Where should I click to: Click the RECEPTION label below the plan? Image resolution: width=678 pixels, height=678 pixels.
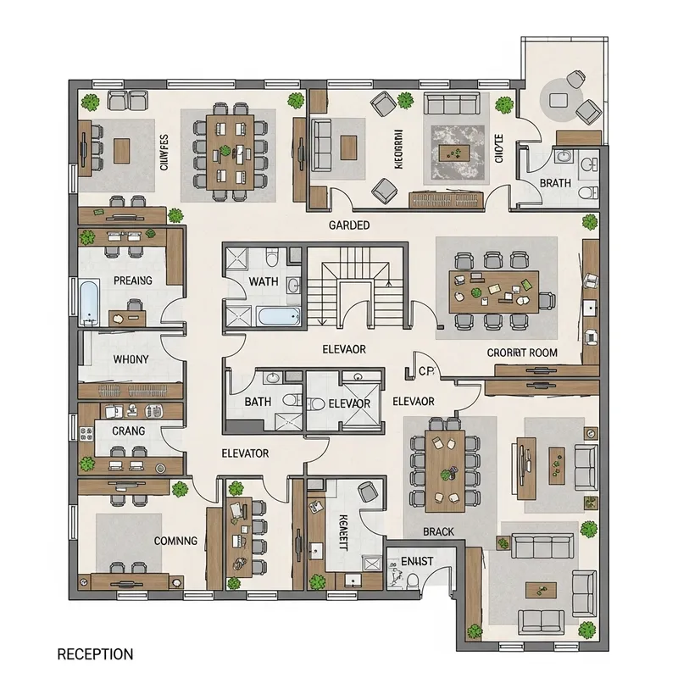[x=94, y=654]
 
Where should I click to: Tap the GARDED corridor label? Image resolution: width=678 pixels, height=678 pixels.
[x=348, y=225]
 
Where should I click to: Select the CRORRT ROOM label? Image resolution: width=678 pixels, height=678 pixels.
[x=522, y=353]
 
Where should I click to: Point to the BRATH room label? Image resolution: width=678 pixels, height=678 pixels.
[x=554, y=183]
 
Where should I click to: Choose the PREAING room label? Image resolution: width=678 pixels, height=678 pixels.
[x=132, y=281]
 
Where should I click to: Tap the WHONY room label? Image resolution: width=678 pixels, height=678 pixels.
[x=131, y=359]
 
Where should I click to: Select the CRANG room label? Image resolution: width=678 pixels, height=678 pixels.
[x=128, y=431]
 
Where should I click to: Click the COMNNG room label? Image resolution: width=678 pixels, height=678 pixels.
[x=175, y=540]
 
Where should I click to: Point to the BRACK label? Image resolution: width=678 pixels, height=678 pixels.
[x=438, y=532]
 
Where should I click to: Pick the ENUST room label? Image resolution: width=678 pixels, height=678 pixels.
[x=416, y=560]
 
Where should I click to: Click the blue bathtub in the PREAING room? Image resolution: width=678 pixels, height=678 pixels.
[x=89, y=303]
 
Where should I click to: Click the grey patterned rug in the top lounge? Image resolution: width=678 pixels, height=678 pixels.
[x=457, y=151]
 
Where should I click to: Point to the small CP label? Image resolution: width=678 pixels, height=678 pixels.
[x=425, y=370]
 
